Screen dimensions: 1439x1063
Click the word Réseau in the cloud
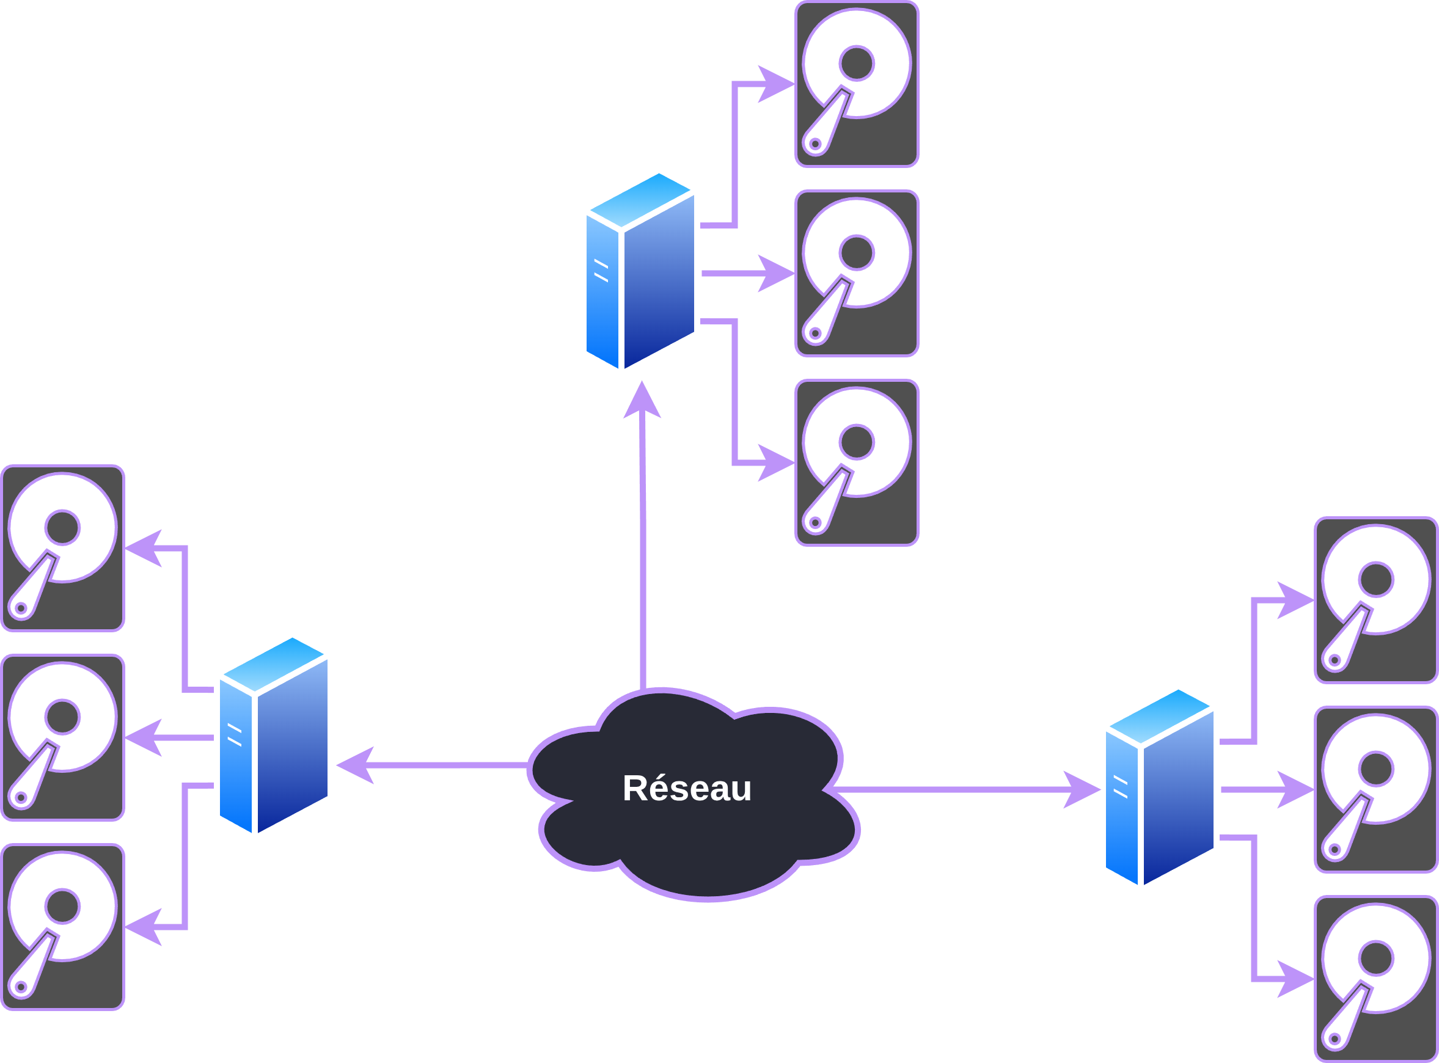(x=687, y=788)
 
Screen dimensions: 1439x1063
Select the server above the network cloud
(x=640, y=271)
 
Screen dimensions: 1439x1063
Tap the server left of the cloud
(x=274, y=736)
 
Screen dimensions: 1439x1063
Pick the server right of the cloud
(x=1160, y=787)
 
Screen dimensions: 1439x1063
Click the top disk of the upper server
(x=857, y=84)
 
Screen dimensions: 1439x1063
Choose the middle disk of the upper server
(x=857, y=274)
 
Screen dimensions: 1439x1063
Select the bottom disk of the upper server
(x=857, y=462)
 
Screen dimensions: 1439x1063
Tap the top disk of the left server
(x=62, y=548)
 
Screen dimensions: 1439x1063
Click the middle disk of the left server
(x=62, y=737)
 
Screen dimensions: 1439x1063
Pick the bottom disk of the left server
(x=62, y=927)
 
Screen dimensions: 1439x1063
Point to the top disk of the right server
(x=1376, y=601)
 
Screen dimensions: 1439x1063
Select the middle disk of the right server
(x=1376, y=789)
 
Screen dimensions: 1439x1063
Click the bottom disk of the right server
(x=1376, y=979)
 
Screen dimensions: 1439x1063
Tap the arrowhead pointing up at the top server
(x=642, y=400)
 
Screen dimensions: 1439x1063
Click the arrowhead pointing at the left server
(x=355, y=765)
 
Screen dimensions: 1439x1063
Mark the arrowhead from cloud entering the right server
(x=1081, y=789)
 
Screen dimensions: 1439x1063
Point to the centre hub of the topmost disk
(x=857, y=63)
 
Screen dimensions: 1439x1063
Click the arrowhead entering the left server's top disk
(x=143, y=548)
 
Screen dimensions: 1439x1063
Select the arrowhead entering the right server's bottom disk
(x=1296, y=979)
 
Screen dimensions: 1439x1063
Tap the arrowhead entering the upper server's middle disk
(x=777, y=274)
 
